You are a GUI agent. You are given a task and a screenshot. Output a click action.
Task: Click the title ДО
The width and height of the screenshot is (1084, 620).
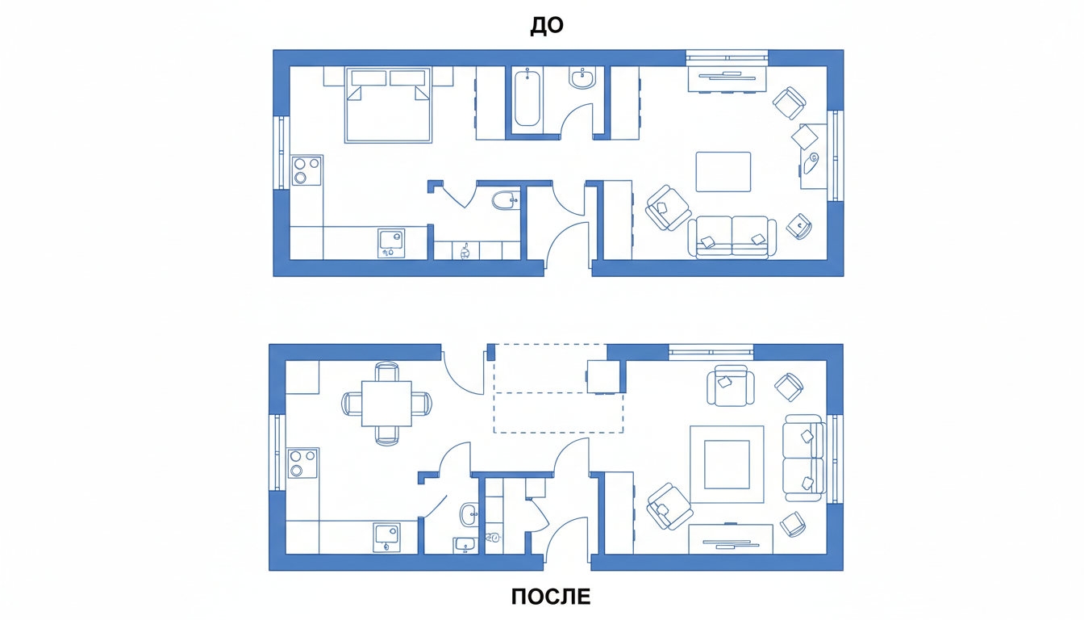pyautogui.click(x=547, y=26)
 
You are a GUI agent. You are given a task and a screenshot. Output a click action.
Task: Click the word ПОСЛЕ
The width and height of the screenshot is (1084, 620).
pyautogui.click(x=551, y=597)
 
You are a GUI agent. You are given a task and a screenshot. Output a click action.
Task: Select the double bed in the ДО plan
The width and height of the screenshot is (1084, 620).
pyautogui.click(x=388, y=105)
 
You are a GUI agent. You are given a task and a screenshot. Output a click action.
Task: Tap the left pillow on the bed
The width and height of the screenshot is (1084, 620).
pyautogui.click(x=369, y=78)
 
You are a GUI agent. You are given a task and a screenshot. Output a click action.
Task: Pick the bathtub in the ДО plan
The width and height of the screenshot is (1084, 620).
pyautogui.click(x=527, y=98)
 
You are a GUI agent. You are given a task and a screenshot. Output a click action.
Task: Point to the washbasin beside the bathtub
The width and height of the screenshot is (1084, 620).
pyautogui.click(x=582, y=78)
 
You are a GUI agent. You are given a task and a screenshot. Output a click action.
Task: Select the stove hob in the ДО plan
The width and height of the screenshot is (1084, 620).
pyautogui.click(x=306, y=170)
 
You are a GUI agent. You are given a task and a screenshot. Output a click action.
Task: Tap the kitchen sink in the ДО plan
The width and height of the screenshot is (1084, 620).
pyautogui.click(x=391, y=243)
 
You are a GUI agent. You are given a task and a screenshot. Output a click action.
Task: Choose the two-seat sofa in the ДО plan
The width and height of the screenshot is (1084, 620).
pyautogui.click(x=732, y=237)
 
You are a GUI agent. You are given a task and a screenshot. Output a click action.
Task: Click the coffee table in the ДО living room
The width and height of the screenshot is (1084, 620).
pyautogui.click(x=723, y=172)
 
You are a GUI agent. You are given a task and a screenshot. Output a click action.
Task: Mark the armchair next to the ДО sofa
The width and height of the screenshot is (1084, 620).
pyautogui.click(x=668, y=207)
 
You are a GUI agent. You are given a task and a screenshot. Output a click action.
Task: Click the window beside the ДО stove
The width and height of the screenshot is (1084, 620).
pyautogui.click(x=281, y=153)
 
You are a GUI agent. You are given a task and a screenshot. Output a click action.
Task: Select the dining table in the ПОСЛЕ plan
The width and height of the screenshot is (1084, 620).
pyautogui.click(x=386, y=404)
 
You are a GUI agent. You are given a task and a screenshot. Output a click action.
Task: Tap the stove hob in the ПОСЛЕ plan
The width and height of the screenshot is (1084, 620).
pyautogui.click(x=303, y=463)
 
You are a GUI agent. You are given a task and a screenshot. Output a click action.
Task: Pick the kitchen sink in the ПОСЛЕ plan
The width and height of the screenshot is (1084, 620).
pyautogui.click(x=387, y=538)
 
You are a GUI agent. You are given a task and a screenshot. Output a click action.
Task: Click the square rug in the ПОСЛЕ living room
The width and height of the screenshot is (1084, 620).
pyautogui.click(x=727, y=464)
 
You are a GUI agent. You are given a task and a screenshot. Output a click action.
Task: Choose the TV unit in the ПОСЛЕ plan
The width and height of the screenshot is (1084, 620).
pyautogui.click(x=731, y=538)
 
